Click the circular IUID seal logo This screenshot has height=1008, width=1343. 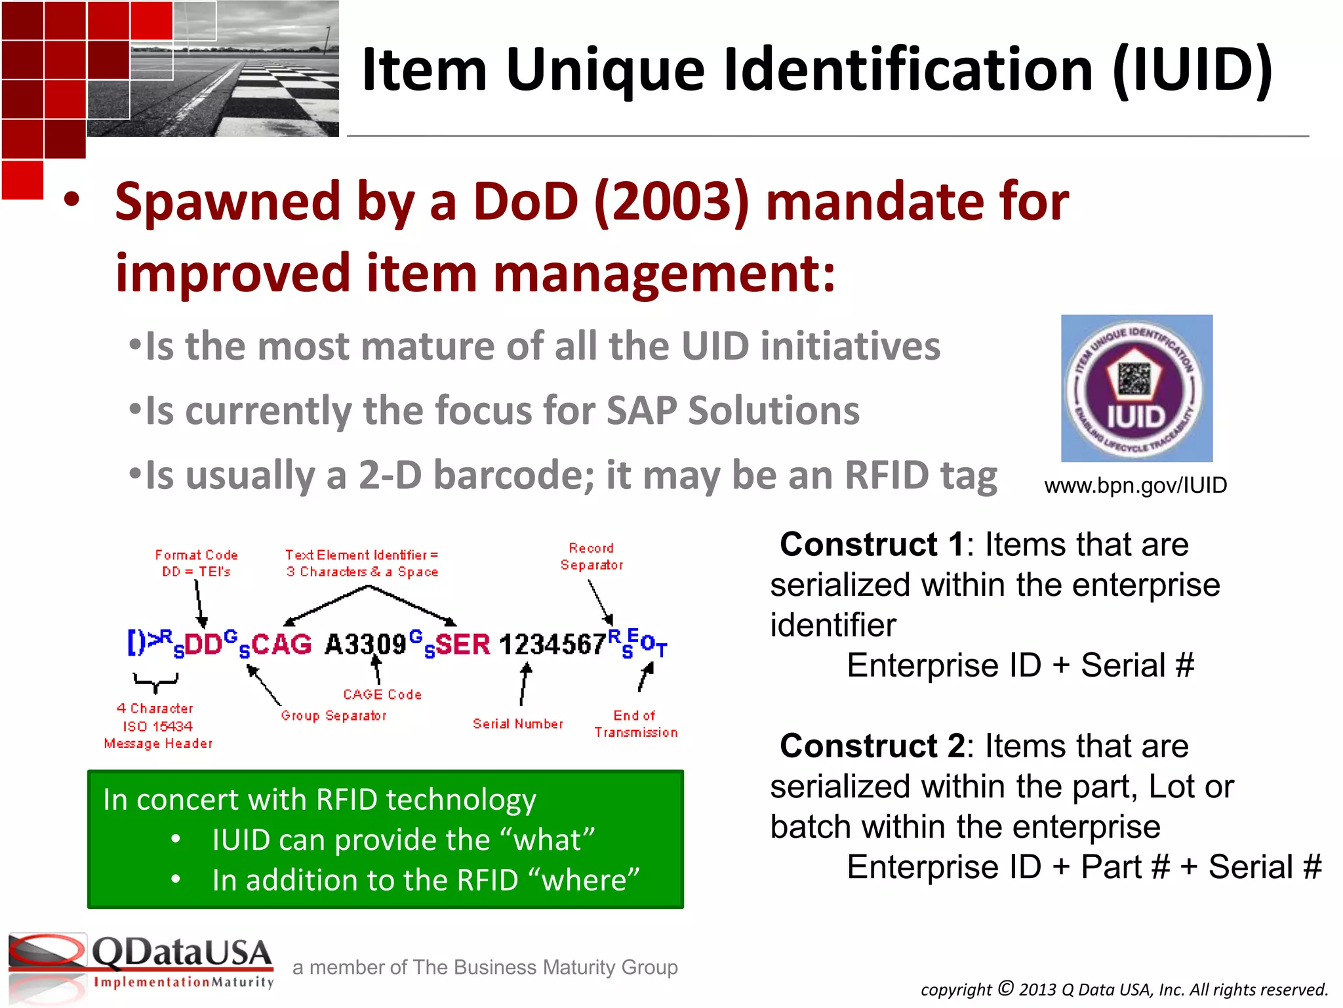(1136, 388)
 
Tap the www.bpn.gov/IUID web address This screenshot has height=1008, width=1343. (1135, 486)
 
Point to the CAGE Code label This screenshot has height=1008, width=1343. (382, 694)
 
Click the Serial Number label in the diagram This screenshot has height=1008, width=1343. (517, 724)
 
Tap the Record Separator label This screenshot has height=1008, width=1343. (591, 556)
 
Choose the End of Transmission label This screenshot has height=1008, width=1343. (635, 724)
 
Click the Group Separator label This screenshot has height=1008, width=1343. (334, 715)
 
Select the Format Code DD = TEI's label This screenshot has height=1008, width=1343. (196, 563)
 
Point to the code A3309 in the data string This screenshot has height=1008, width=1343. (366, 644)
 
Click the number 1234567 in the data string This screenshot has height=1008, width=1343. (553, 644)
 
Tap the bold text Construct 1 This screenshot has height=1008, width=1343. (872, 545)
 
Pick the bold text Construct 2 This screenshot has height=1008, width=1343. (872, 746)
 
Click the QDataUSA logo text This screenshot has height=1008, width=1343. (182, 953)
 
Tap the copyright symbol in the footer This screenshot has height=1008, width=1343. (1006, 988)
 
